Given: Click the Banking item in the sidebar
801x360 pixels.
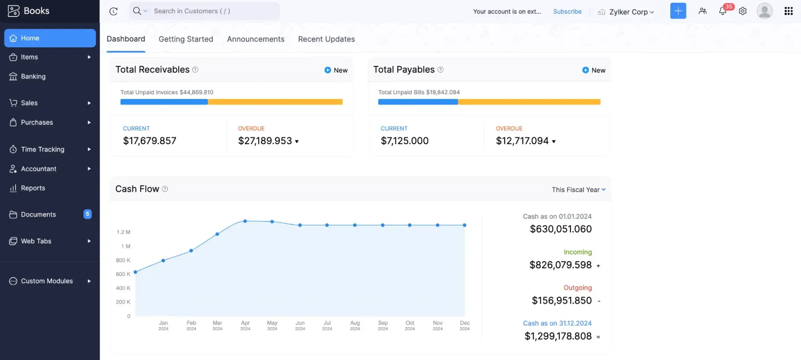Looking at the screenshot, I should pyautogui.click(x=33, y=77).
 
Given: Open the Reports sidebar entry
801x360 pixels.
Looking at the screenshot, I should pyautogui.click(x=33, y=188).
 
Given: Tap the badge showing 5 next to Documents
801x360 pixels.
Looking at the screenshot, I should pyautogui.click(x=87, y=214).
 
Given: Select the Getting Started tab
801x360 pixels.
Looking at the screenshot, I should pyautogui.click(x=186, y=39).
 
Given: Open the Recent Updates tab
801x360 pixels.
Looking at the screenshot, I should pyautogui.click(x=326, y=39).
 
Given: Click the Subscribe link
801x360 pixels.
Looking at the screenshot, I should pyautogui.click(x=567, y=12).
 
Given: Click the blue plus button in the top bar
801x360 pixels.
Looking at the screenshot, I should pyautogui.click(x=678, y=11).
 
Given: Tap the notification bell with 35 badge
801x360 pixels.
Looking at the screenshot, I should pyautogui.click(x=722, y=11).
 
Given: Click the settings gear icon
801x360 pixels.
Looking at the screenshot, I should pyautogui.click(x=742, y=11).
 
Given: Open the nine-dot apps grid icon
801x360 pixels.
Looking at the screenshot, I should pyautogui.click(x=788, y=11).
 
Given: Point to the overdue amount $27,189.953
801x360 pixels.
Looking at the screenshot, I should pyautogui.click(x=265, y=141).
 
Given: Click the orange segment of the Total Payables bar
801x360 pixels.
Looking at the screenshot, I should pyautogui.click(x=529, y=102).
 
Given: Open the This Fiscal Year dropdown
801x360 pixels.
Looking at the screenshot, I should pyautogui.click(x=578, y=190).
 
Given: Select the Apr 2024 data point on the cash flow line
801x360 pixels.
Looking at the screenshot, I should pyautogui.click(x=245, y=221).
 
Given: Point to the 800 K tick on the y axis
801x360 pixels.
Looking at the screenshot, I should pyautogui.click(x=123, y=260).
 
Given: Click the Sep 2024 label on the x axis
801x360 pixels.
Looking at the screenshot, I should pyautogui.click(x=383, y=325).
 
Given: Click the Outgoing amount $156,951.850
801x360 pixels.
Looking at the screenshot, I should pyautogui.click(x=561, y=301).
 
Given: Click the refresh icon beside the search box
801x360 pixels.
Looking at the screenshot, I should pyautogui.click(x=113, y=11).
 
